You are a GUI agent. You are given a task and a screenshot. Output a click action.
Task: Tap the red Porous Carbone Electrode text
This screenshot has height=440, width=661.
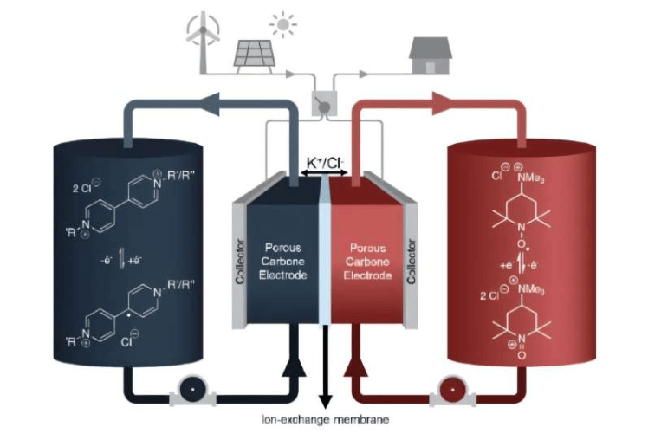click(x=366, y=261)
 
